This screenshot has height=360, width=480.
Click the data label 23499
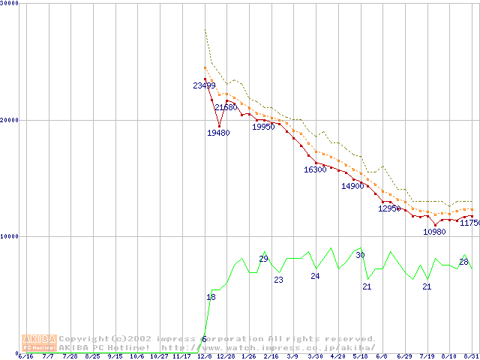pos(204,85)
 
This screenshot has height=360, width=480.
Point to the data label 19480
pos(218,133)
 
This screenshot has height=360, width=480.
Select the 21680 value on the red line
pos(226,108)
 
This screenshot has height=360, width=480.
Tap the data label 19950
pos(263,127)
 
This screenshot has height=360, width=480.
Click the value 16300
pos(315,170)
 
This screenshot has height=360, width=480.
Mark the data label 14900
pos(352,186)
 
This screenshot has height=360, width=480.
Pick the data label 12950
pos(389,208)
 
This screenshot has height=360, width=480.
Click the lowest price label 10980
pos(434,232)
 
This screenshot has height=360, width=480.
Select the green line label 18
pos(211,298)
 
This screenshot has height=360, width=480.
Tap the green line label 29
pos(263,259)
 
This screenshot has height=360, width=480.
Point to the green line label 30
pos(360,256)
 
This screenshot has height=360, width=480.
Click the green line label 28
pos(463,262)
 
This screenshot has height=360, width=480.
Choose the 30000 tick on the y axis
pos(10,4)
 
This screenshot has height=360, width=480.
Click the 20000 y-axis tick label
pos(10,120)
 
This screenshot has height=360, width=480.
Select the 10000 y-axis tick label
pos(10,236)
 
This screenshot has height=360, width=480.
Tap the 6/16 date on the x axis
pos(25,356)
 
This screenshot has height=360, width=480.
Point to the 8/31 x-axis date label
pos(472,356)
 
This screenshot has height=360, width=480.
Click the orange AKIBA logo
pos(39,343)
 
